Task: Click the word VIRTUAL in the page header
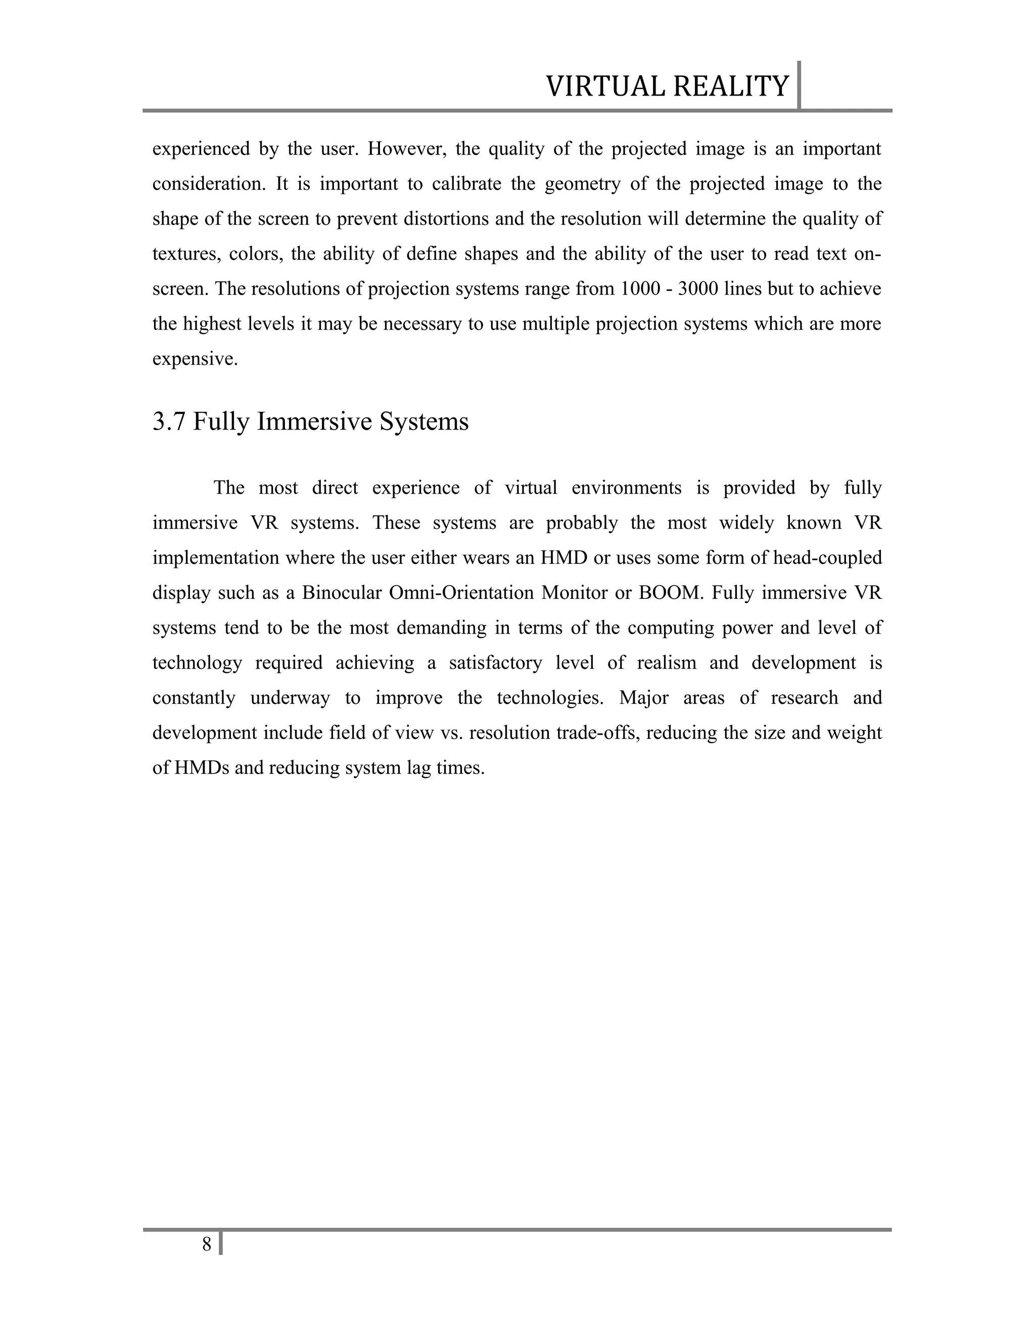pos(606,86)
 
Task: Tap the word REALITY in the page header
pos(730,86)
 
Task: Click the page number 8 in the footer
pos(207,1244)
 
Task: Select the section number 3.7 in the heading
pos(169,422)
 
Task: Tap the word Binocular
pos(340,593)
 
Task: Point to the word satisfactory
pos(495,663)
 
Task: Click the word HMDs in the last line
pos(201,768)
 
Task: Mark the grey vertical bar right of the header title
pos(799,85)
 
